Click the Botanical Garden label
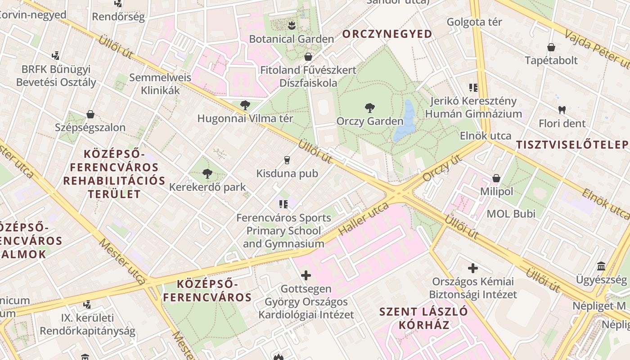click(292, 39)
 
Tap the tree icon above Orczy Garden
click(369, 108)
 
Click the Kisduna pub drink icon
click(287, 160)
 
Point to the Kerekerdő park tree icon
click(207, 174)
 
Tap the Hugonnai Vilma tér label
click(245, 119)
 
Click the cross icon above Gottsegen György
click(306, 275)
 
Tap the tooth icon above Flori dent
click(562, 109)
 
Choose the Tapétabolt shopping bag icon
click(551, 47)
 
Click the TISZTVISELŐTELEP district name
click(571, 145)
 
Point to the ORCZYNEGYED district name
click(387, 34)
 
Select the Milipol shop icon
click(496, 178)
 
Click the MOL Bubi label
click(511, 214)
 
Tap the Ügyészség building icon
click(601, 266)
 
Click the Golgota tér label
click(474, 22)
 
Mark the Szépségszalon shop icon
click(90, 114)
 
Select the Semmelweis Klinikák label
click(160, 84)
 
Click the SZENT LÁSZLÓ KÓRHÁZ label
click(423, 318)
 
